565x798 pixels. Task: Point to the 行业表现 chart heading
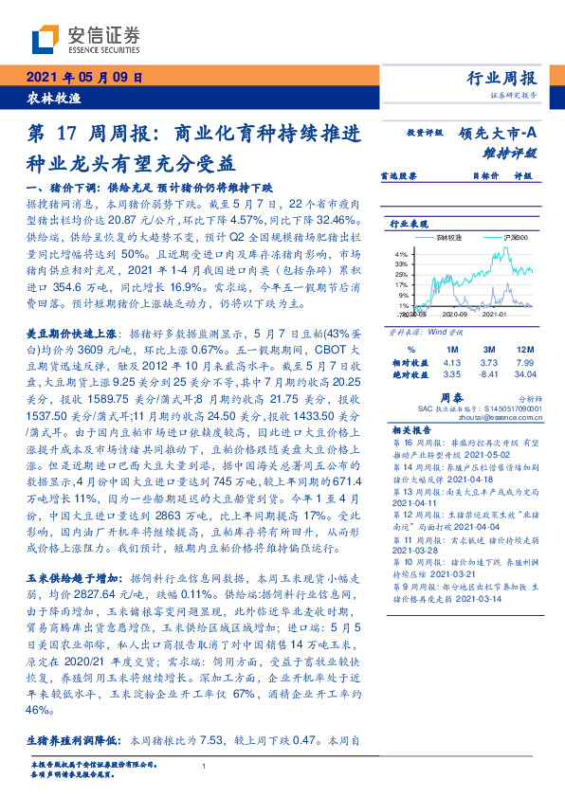pyautogui.click(x=406, y=223)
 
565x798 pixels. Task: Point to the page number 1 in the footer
pyautogui.click(x=204, y=765)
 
